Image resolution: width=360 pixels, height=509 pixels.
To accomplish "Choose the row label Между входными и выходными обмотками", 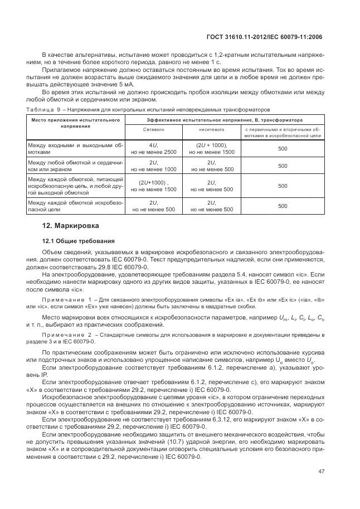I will (x=75, y=148).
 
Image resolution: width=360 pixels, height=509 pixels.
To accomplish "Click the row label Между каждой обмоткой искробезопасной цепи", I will (x=75, y=206).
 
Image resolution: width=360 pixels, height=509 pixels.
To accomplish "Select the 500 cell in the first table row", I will (x=283, y=148).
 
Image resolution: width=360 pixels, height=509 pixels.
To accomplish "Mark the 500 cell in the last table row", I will (x=283, y=206).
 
